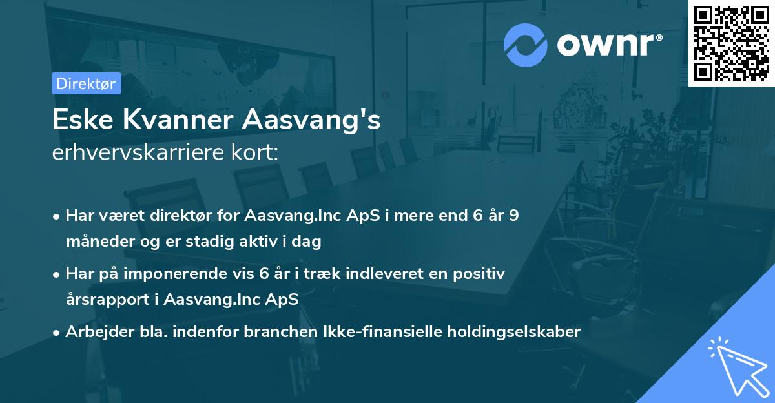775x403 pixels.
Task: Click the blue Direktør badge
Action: click(86, 83)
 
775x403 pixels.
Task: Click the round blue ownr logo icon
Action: click(526, 45)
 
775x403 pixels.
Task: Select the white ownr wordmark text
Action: click(609, 45)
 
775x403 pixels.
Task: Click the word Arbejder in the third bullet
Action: click(95, 332)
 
